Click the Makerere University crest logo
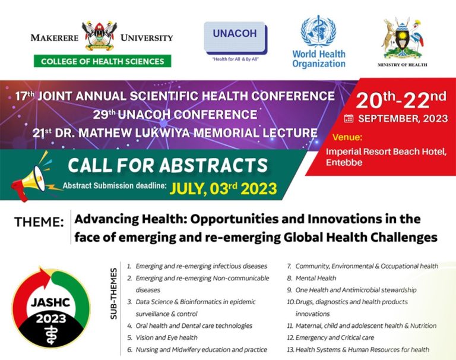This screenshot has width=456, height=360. (100, 36)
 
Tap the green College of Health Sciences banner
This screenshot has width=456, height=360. (102, 61)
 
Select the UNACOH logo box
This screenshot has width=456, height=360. (236, 38)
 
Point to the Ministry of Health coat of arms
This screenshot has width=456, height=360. (403, 39)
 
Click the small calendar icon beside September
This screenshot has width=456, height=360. (349, 119)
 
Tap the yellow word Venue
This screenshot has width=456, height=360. (347, 137)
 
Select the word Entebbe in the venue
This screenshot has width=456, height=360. (344, 162)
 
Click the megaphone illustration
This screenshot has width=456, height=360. (32, 178)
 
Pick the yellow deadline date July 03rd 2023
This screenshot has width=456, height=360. (223, 188)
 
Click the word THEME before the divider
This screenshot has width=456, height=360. (39, 222)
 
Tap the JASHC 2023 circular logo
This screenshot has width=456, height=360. (51, 307)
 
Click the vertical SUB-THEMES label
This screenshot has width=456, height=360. (114, 294)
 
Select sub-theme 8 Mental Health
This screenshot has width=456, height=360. (312, 278)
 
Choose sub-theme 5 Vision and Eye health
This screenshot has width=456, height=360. (162, 337)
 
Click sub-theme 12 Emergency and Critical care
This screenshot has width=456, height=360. (330, 337)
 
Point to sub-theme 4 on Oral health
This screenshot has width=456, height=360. (189, 326)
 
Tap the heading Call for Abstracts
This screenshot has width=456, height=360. (168, 165)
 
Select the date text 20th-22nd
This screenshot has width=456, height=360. (401, 100)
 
